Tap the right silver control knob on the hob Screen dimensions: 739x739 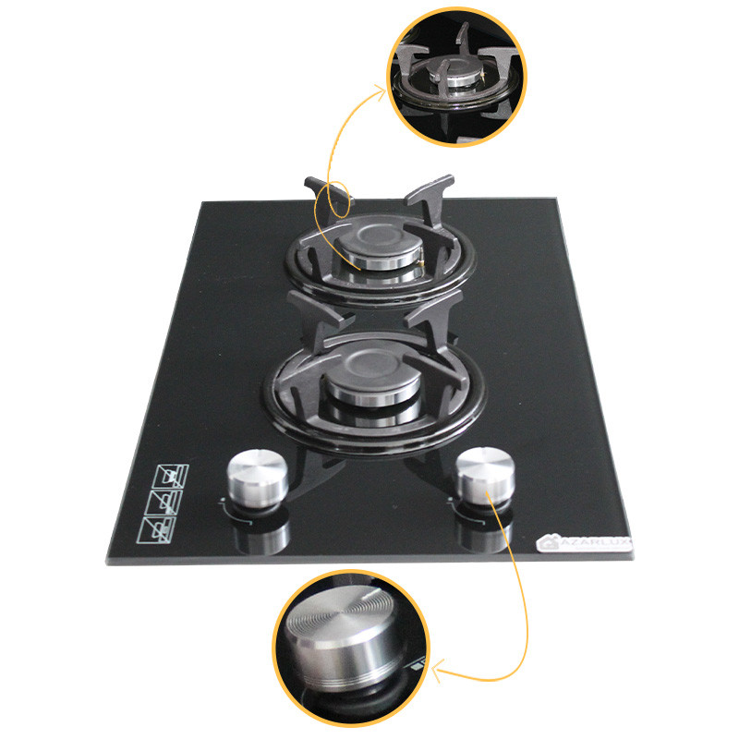[x=481, y=473]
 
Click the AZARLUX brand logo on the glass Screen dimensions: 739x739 [x=583, y=545]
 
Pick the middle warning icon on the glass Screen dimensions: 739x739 [x=165, y=503]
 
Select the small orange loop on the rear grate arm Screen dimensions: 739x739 [x=337, y=198]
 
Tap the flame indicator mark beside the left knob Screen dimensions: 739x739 [x=224, y=503]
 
